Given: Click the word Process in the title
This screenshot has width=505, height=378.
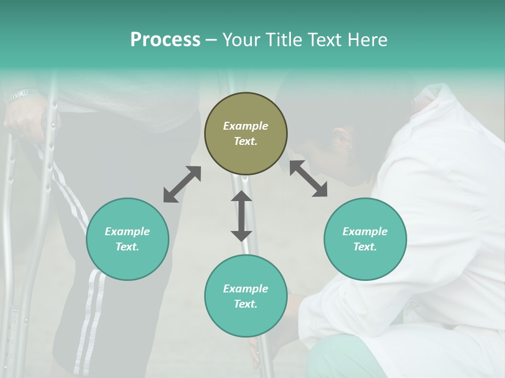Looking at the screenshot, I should click(165, 40).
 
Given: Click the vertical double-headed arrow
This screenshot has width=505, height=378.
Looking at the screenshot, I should click(241, 216).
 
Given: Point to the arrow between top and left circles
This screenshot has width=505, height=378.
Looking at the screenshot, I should click(182, 184).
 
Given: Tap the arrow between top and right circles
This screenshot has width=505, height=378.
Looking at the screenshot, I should click(308, 178).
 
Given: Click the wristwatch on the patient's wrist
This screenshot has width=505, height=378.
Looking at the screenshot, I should click(21, 95).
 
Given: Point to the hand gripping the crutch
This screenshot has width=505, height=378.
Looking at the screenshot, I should click(26, 118).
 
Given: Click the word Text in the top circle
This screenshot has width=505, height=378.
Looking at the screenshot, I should click(245, 141).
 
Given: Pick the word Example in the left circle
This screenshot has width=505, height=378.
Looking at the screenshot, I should click(127, 232).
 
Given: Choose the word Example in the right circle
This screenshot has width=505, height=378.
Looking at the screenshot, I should click(365, 232).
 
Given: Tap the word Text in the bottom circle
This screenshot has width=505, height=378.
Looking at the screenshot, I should click(245, 304).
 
